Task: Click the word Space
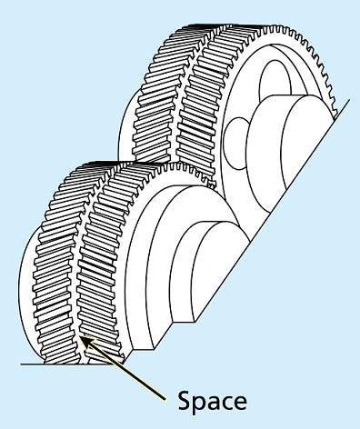tap(211, 400)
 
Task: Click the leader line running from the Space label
tap(127, 371)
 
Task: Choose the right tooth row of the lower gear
tap(100, 264)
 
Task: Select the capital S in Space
tap(183, 400)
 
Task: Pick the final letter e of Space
tap(239, 402)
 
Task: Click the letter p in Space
tap(197, 403)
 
